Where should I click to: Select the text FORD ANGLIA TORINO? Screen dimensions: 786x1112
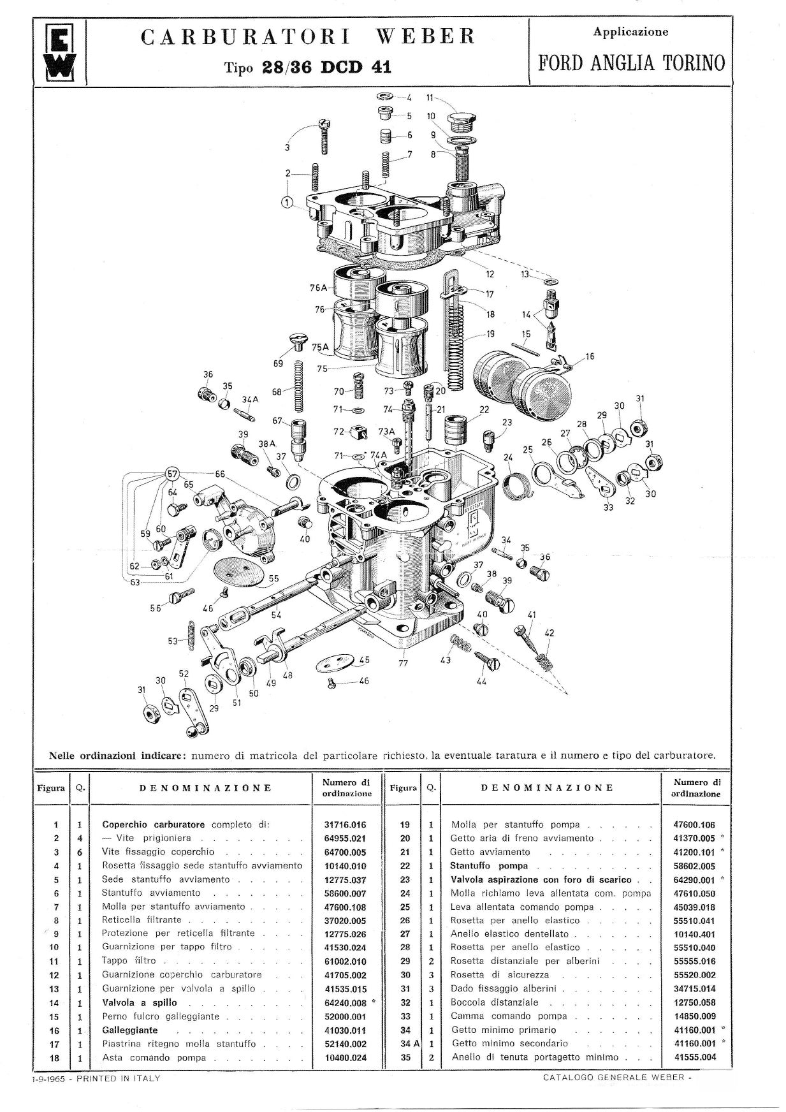click(631, 62)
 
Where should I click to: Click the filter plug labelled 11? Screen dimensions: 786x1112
click(461, 120)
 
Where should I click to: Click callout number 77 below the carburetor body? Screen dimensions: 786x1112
click(403, 662)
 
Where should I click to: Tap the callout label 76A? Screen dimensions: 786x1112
click(318, 288)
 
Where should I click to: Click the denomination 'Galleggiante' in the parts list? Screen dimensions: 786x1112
click(130, 1030)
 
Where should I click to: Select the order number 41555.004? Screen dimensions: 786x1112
click(695, 1057)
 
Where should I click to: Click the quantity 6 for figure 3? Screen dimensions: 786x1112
click(80, 852)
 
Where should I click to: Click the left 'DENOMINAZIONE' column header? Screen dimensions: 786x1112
click(205, 787)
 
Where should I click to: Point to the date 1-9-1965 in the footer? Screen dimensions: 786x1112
click(47, 1078)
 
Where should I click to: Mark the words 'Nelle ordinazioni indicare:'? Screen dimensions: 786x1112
click(117, 756)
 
